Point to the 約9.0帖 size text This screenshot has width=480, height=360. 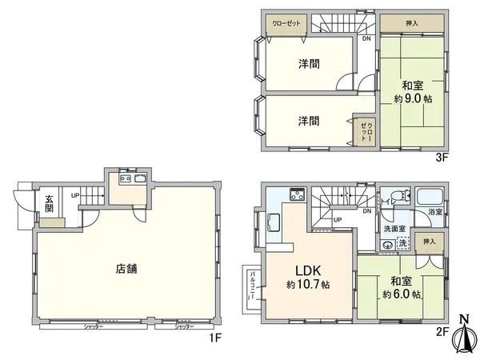coord(413,100)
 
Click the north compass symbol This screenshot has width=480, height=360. coord(463,336)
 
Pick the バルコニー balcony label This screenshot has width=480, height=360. coord(253,285)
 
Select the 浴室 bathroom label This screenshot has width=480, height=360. coord(434,212)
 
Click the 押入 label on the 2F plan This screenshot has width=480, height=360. coord(429,242)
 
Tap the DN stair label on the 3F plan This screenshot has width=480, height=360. coord(366,38)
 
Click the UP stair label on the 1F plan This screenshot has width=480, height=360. coord(74,195)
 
